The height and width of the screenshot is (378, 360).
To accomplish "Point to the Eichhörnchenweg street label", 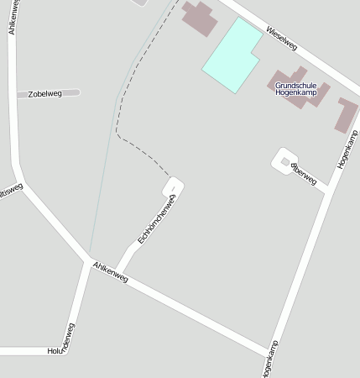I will tap(155, 220).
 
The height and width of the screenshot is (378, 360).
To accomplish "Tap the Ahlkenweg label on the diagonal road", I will tap(110, 271).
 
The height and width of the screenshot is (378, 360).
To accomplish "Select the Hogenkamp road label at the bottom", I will tap(269, 360).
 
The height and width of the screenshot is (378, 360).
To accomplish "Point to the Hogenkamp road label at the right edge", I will tap(347, 150).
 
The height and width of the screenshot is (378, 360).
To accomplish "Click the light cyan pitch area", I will tap(232, 55).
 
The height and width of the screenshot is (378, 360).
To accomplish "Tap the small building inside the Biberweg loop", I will tap(285, 161).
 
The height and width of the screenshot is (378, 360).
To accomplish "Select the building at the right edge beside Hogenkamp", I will tap(347, 114).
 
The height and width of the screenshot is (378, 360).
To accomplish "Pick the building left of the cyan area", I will tap(199, 18).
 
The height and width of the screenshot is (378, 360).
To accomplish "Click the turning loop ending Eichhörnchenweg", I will tap(174, 185).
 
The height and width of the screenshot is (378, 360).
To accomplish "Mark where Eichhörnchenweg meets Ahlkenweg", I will tap(117, 274).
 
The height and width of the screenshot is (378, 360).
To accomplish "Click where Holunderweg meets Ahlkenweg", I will tap(87, 262).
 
